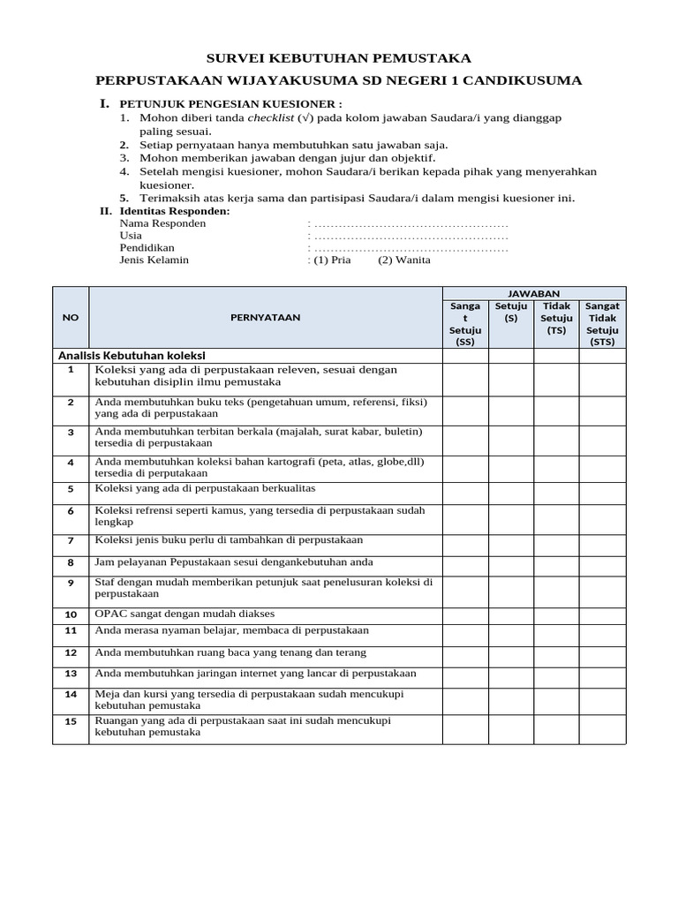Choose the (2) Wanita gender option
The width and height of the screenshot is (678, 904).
pos(404,260)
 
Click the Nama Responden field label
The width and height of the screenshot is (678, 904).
pos(162,223)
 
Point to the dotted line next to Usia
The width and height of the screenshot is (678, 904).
pos(411,236)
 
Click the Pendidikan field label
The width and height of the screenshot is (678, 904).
pos(147,248)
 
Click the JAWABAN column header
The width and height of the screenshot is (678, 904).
pos(533,293)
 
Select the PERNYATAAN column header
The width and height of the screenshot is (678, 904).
pos(265,318)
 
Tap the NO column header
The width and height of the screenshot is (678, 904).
pos(70,318)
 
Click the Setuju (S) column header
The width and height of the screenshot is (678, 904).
pos(511,312)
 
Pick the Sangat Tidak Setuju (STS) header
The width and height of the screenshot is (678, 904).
pos(602,324)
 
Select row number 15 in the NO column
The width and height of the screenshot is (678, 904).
pos(71,720)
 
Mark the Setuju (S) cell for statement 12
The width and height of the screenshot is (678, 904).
pos(511,652)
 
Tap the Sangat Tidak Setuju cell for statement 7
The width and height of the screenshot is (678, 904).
pos(602,540)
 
